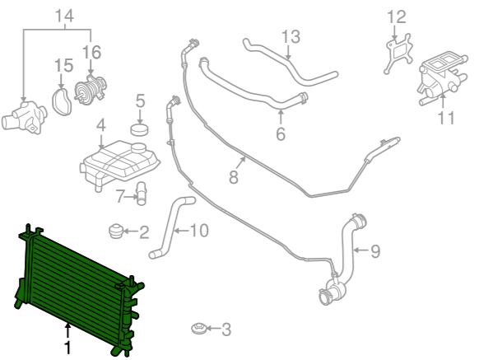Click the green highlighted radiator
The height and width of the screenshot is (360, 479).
(x=77, y=288)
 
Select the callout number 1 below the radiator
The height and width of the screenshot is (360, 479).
(x=67, y=348)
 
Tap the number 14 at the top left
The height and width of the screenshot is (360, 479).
(x=64, y=16)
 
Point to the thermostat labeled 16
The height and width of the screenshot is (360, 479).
(x=91, y=89)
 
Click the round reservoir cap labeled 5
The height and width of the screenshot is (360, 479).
(x=140, y=129)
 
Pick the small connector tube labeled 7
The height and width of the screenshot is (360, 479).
(x=141, y=194)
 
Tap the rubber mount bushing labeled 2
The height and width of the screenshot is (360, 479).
(x=116, y=231)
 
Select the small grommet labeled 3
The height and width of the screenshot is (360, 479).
(x=198, y=329)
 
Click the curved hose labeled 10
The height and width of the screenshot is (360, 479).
(x=170, y=227)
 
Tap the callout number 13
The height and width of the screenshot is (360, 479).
(x=291, y=36)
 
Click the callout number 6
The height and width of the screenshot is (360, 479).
(x=281, y=133)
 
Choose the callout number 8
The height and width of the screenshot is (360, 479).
(x=234, y=177)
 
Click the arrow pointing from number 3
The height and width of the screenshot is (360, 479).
(x=213, y=329)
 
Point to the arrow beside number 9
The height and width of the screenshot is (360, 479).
(x=361, y=250)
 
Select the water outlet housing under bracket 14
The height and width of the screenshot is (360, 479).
(x=25, y=118)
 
